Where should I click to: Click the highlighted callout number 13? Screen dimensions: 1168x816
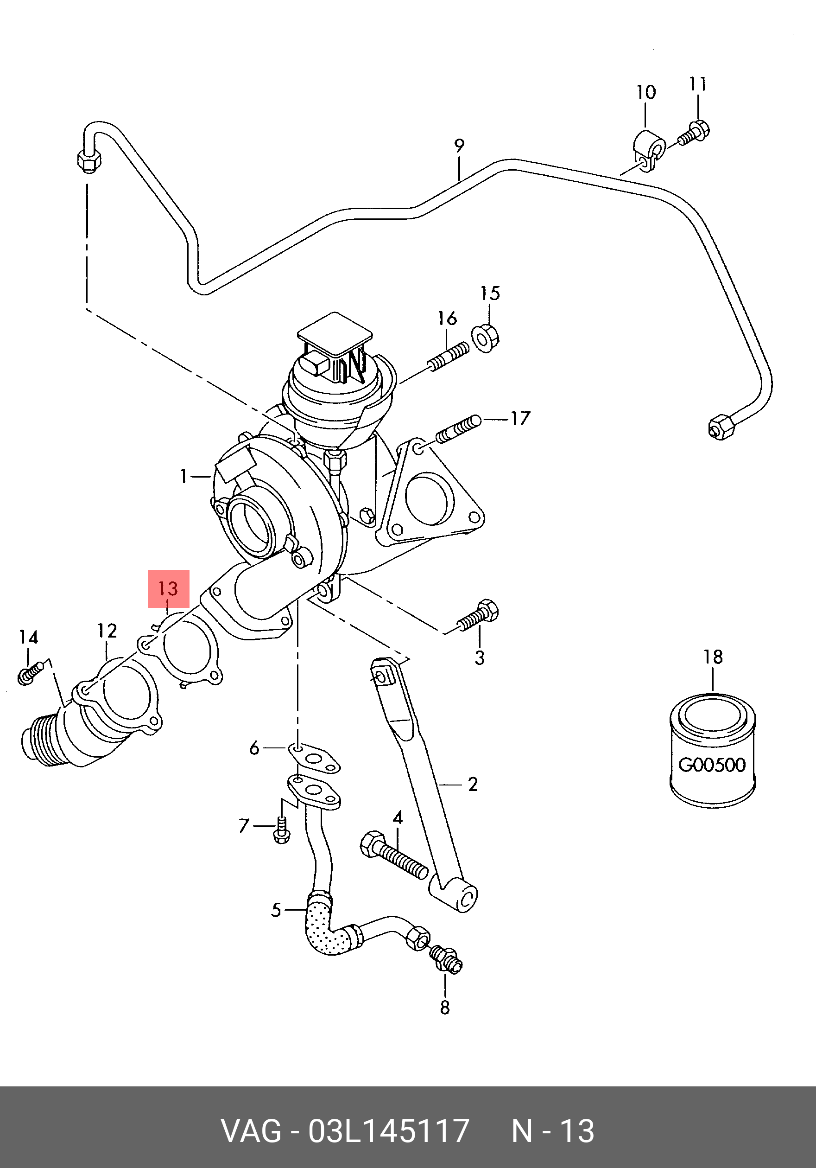[168, 588]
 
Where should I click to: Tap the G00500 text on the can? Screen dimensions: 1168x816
[712, 765]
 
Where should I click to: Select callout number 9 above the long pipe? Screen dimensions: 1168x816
[459, 146]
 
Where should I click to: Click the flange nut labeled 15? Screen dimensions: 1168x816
[486, 338]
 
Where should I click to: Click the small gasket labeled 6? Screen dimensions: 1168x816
[314, 759]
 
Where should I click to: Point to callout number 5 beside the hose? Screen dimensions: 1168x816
[276, 910]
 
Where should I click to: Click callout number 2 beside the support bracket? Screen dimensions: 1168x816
[473, 785]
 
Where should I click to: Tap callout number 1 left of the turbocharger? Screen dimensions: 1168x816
[183, 476]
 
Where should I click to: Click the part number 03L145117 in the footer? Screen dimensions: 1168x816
[389, 1131]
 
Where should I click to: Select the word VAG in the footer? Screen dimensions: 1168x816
[251, 1131]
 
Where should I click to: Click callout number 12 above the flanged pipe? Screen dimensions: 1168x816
[108, 632]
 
